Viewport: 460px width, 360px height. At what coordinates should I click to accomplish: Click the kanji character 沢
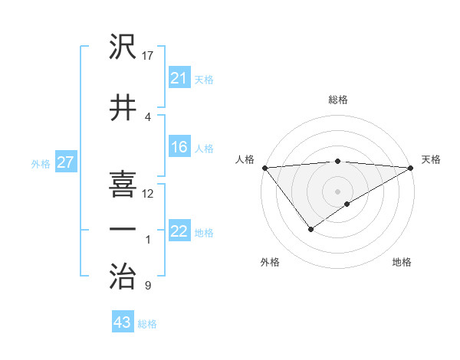[123, 47]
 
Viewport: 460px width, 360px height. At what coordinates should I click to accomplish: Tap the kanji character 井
[123, 108]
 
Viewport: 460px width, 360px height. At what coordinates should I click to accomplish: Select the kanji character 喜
[123, 185]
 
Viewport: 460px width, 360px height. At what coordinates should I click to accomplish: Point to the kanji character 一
[123, 229]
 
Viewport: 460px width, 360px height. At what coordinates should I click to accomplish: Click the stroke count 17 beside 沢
[149, 55]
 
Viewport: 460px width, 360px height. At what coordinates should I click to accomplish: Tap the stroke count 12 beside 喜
[148, 193]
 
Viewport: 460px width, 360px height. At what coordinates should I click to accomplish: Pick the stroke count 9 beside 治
[147, 286]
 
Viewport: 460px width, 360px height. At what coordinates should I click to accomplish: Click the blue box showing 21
[179, 78]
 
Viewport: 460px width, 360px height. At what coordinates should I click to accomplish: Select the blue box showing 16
[179, 148]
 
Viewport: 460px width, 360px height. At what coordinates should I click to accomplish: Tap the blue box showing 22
[179, 231]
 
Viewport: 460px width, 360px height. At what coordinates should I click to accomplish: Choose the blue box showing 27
[65, 162]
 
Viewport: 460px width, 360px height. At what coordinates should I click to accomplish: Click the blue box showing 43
[122, 322]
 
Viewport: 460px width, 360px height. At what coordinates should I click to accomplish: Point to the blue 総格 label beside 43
[147, 324]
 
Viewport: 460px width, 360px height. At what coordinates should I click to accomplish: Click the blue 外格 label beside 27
[41, 163]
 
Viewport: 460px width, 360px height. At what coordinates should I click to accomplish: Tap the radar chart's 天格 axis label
[431, 159]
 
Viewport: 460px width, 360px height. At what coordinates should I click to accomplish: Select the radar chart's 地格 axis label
[402, 262]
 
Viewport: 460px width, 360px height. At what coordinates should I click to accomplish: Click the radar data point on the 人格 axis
[264, 168]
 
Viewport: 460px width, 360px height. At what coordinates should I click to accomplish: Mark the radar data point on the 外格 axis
[310, 229]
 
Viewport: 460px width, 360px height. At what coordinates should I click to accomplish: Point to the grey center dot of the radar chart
[337, 191]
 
